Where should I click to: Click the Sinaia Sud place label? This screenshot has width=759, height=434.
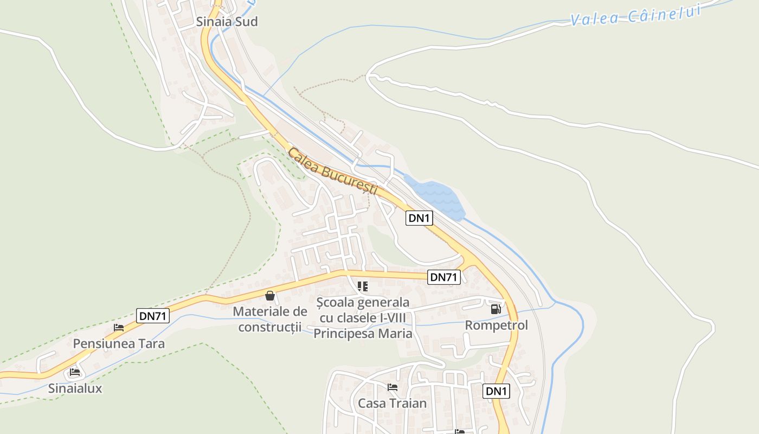tap(227, 22)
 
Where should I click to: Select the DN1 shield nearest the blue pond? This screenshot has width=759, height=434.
tap(420, 218)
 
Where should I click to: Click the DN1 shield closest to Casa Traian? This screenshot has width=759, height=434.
tap(496, 391)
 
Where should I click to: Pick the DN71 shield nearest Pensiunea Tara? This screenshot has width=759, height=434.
tap(153, 316)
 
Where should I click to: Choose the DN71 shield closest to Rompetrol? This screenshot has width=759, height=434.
tap(444, 277)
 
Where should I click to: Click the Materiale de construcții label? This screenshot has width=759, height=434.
tap(270, 319)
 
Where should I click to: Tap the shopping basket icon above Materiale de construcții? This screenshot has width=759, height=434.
tap(269, 296)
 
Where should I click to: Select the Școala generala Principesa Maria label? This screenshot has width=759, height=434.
tap(363, 317)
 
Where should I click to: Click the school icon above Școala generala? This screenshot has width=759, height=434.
tap(363, 286)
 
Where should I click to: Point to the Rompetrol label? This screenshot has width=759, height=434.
tap(497, 325)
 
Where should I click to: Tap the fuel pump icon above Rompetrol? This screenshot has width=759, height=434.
tap(496, 309)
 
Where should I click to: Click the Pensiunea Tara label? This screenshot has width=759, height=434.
tap(119, 343)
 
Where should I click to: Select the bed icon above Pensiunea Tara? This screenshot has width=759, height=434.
tap(119, 328)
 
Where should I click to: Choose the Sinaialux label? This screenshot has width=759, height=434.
tap(75, 388)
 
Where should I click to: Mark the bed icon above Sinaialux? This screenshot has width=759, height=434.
tap(75, 372)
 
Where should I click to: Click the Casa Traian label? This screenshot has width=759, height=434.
tap(393, 403)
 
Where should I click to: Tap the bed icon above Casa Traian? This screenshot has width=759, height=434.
tap(393, 387)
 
